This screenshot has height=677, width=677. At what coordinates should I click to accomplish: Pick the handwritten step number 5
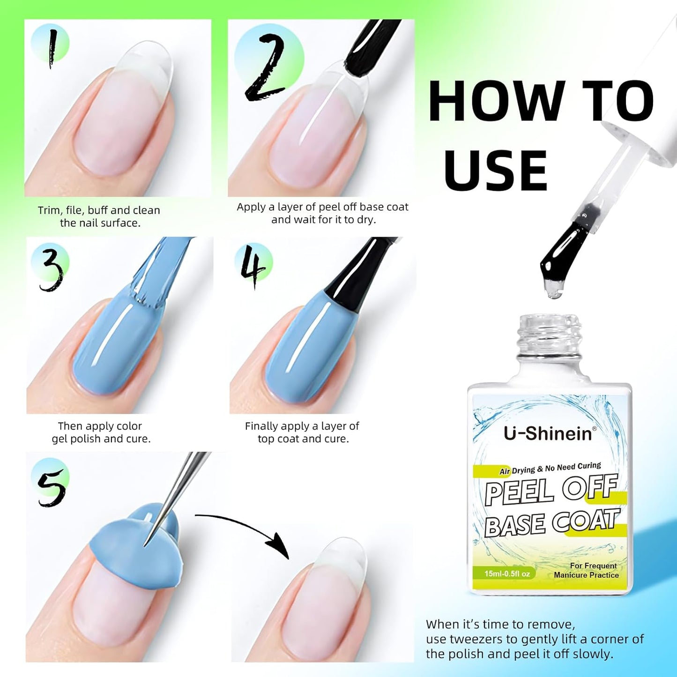[x=51, y=487]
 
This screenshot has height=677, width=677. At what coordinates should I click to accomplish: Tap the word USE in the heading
[x=495, y=170]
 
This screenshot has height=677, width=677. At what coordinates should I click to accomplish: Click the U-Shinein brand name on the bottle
[x=548, y=433]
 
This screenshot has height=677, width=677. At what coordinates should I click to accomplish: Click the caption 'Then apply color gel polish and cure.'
[x=101, y=432]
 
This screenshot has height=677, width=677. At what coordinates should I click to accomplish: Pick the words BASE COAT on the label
[x=551, y=522]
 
